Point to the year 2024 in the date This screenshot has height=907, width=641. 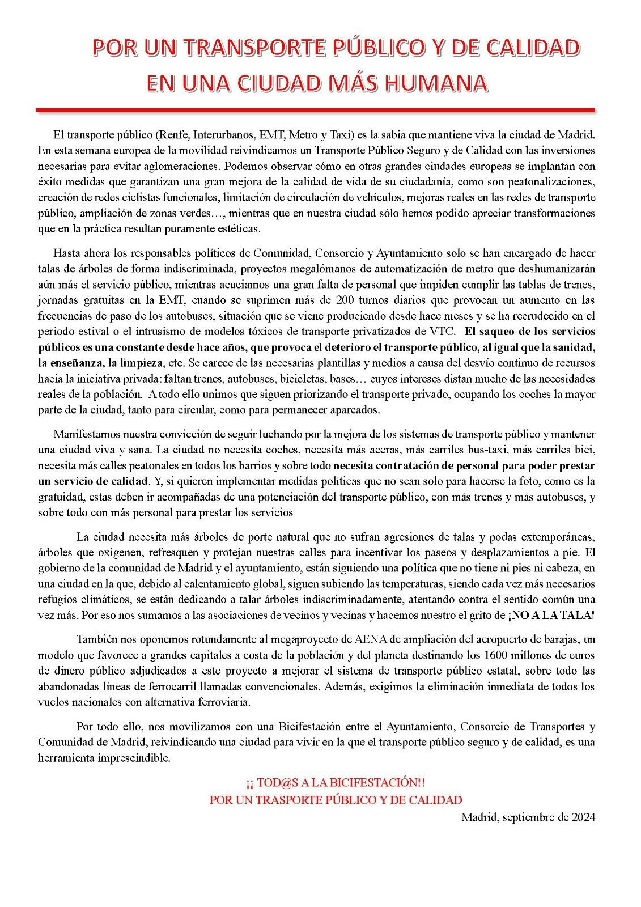click(x=583, y=817)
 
